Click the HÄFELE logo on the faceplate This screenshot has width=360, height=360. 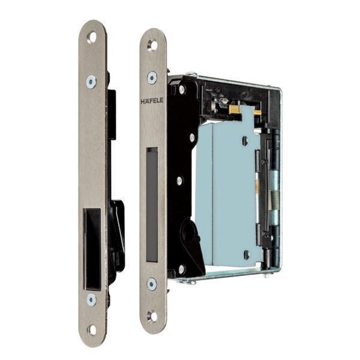point(152,101)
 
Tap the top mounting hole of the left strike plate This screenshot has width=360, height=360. point(92,37)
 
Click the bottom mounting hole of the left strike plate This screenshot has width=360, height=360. point(92,329)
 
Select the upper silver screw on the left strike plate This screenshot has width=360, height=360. point(91,82)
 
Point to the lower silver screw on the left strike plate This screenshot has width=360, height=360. point(91,299)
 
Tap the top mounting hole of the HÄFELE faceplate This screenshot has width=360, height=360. point(152,44)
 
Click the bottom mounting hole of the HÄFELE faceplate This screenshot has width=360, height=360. point(152,315)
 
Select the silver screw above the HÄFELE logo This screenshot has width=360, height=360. point(152,77)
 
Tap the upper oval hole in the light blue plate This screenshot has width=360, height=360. point(245,141)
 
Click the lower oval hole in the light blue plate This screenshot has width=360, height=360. point(246,254)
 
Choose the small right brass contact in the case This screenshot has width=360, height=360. point(257,112)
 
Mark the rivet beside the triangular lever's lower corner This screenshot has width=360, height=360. point(181,269)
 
